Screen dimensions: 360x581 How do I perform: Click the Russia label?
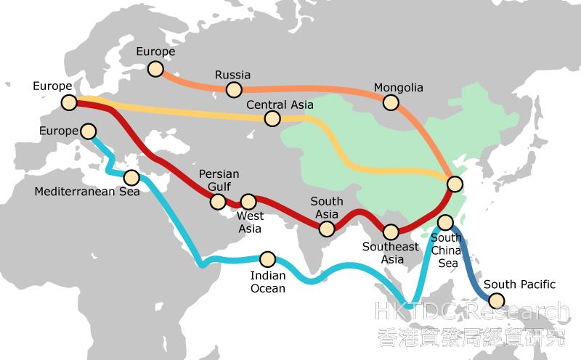(x=233, y=75)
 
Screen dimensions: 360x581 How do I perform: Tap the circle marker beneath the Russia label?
(x=234, y=90)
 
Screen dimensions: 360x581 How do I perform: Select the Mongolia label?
(x=398, y=89)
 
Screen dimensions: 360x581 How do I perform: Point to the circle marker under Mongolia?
(x=391, y=103)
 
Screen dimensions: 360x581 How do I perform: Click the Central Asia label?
(x=280, y=105)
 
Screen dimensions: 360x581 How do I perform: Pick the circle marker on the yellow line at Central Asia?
(x=273, y=118)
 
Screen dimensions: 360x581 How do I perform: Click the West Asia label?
(x=250, y=222)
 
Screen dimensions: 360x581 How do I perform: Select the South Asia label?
(x=326, y=208)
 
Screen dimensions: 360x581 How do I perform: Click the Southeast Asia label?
(x=391, y=253)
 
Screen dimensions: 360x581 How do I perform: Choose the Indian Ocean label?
(x=267, y=282)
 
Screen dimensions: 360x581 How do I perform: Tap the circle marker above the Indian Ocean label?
(x=267, y=258)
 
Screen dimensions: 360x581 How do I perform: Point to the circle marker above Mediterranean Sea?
(x=131, y=177)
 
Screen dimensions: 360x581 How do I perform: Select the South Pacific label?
(x=519, y=285)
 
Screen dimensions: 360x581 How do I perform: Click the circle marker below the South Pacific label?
(x=497, y=300)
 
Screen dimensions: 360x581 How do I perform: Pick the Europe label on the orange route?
(x=156, y=52)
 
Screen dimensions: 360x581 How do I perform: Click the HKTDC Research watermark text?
(x=472, y=313)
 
